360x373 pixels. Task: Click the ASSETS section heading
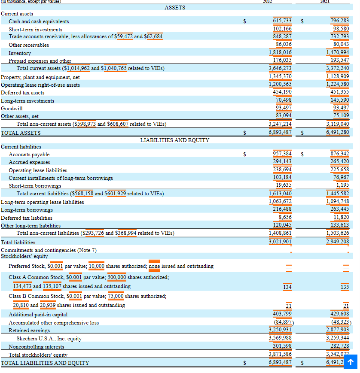[x=175, y=7]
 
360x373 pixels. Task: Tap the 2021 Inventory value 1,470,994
[x=338, y=53]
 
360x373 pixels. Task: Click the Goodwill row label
[x=12, y=108]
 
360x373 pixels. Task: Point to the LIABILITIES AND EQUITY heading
[x=174, y=140]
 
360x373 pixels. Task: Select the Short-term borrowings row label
[x=35, y=186]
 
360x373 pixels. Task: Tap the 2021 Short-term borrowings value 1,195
[x=343, y=185]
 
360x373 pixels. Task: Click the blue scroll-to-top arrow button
[x=351, y=362]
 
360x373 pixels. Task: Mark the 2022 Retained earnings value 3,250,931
[x=280, y=330]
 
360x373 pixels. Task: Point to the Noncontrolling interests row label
[x=36, y=347]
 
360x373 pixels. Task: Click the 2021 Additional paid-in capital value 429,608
[x=339, y=314]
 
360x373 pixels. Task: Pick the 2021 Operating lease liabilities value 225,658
[x=339, y=170]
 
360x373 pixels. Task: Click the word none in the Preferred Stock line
[x=154, y=266]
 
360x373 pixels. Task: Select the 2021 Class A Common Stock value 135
[x=345, y=287]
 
